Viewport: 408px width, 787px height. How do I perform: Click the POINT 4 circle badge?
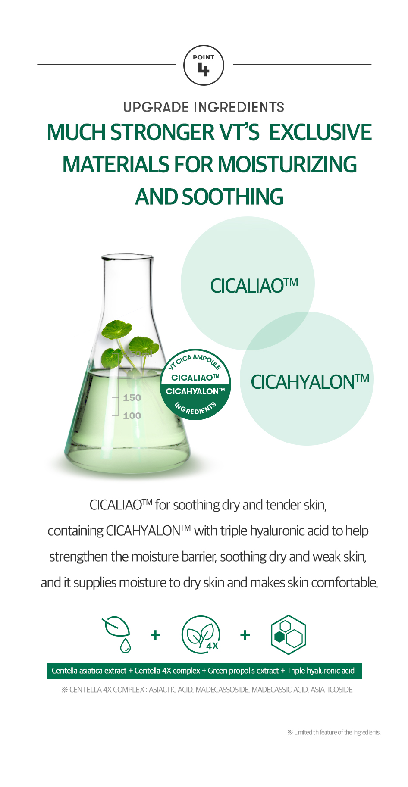[204, 66]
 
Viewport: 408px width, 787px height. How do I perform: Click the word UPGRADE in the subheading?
[156, 107]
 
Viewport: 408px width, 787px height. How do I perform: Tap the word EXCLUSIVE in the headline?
[320, 132]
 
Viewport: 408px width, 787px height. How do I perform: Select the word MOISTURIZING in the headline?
[287, 164]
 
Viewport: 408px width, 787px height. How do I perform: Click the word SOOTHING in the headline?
[233, 197]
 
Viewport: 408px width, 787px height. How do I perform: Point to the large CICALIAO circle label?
[254, 285]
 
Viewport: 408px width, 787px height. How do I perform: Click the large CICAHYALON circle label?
[310, 381]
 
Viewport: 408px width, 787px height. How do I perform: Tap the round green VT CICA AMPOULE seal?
[195, 384]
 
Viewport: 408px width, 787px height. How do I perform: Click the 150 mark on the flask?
[132, 397]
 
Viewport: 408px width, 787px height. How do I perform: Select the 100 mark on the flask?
[132, 415]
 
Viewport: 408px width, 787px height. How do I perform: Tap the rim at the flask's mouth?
[127, 257]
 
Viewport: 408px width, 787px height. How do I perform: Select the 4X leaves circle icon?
[201, 635]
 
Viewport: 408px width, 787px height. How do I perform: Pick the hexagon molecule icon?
[289, 635]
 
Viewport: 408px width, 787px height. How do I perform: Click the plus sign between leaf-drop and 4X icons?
[155, 635]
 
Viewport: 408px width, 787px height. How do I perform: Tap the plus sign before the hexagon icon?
[245, 635]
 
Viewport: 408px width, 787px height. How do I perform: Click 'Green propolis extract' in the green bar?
[243, 671]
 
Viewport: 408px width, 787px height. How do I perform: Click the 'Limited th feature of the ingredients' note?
[334, 732]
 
